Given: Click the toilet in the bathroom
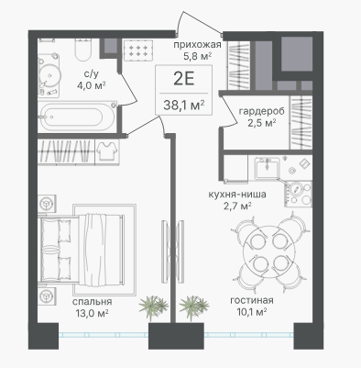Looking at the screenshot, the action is tap(82, 50).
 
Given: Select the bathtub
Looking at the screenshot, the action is tap(78, 117).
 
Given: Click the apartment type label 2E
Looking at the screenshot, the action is tap(183, 79).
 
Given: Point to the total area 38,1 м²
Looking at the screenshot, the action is tap(184, 106).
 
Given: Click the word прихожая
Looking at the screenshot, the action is tap(197, 45).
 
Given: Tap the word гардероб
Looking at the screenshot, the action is tap(261, 111).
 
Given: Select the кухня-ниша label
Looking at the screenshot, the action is tap(237, 195).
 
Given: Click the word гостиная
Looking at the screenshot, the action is tap(252, 300).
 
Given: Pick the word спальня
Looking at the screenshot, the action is tap(92, 302).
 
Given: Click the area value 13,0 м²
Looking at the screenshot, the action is tap(92, 313).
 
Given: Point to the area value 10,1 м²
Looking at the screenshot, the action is tap(252, 312).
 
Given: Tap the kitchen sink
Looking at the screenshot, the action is tap(267, 168).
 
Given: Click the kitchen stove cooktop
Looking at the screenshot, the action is tap(299, 194).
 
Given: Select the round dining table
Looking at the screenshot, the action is tap(269, 251).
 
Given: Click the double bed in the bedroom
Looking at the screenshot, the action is tap(82, 250).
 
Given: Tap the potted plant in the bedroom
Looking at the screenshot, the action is tap(153, 307).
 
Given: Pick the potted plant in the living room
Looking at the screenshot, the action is tap(193, 307).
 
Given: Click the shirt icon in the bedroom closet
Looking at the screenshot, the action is tap(106, 151).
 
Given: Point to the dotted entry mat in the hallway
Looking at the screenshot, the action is tap(138, 50).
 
